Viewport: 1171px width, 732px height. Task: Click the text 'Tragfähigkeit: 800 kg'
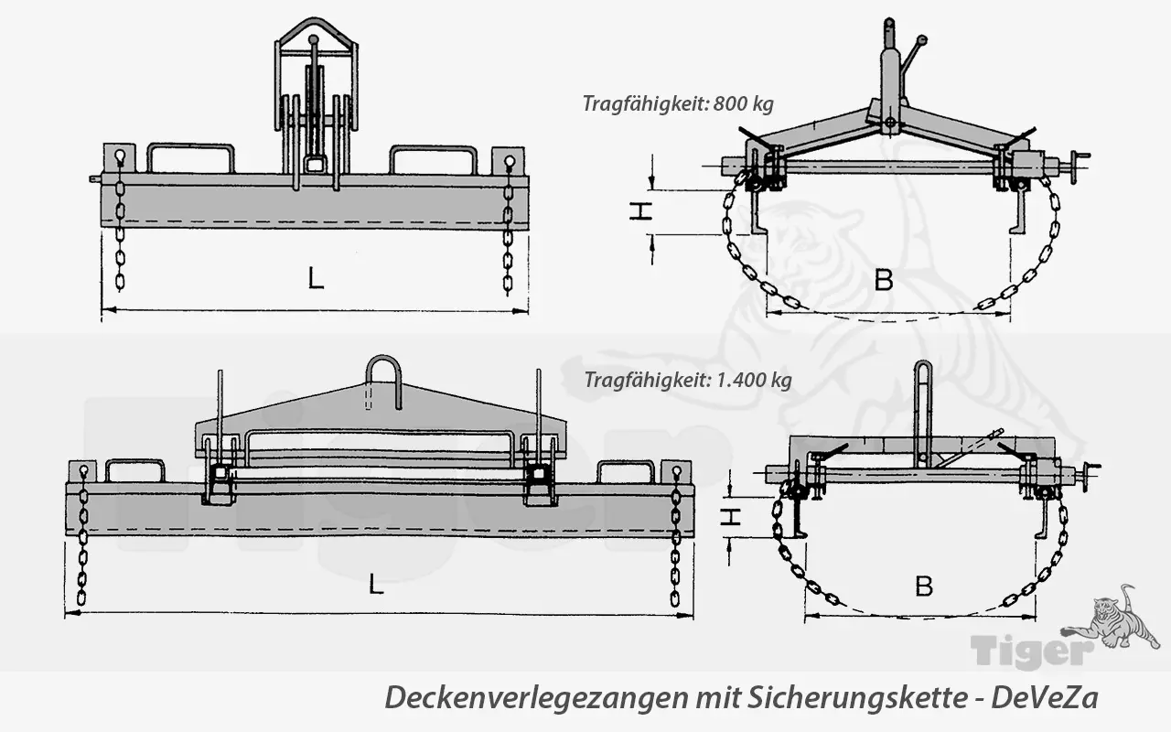coord(677,102)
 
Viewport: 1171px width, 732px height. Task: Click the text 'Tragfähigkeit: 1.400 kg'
coord(688,380)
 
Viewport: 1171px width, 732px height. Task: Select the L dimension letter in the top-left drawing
coord(316,278)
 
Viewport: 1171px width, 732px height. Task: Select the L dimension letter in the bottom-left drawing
coord(376,586)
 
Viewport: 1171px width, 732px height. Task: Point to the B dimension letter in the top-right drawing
coord(883,279)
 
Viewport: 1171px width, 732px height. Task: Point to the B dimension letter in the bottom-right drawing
coord(924,586)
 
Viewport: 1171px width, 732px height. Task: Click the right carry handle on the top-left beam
coord(433,157)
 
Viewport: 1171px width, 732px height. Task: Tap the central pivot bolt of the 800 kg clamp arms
coord(887,122)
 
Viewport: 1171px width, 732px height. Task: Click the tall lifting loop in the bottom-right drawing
coord(923,412)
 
